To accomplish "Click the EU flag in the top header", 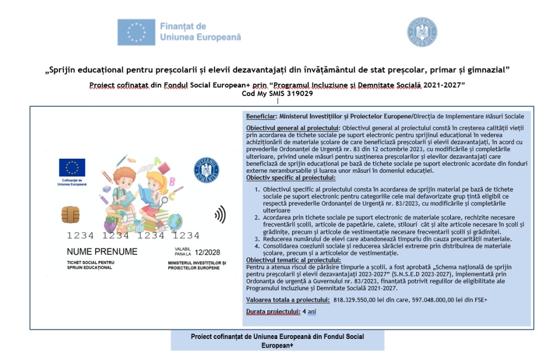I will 136,32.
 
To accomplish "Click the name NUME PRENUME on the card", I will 102,252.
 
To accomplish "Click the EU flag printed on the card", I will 72,168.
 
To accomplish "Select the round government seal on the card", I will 206,169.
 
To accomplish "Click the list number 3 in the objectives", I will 257,239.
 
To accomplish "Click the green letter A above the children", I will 157,160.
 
